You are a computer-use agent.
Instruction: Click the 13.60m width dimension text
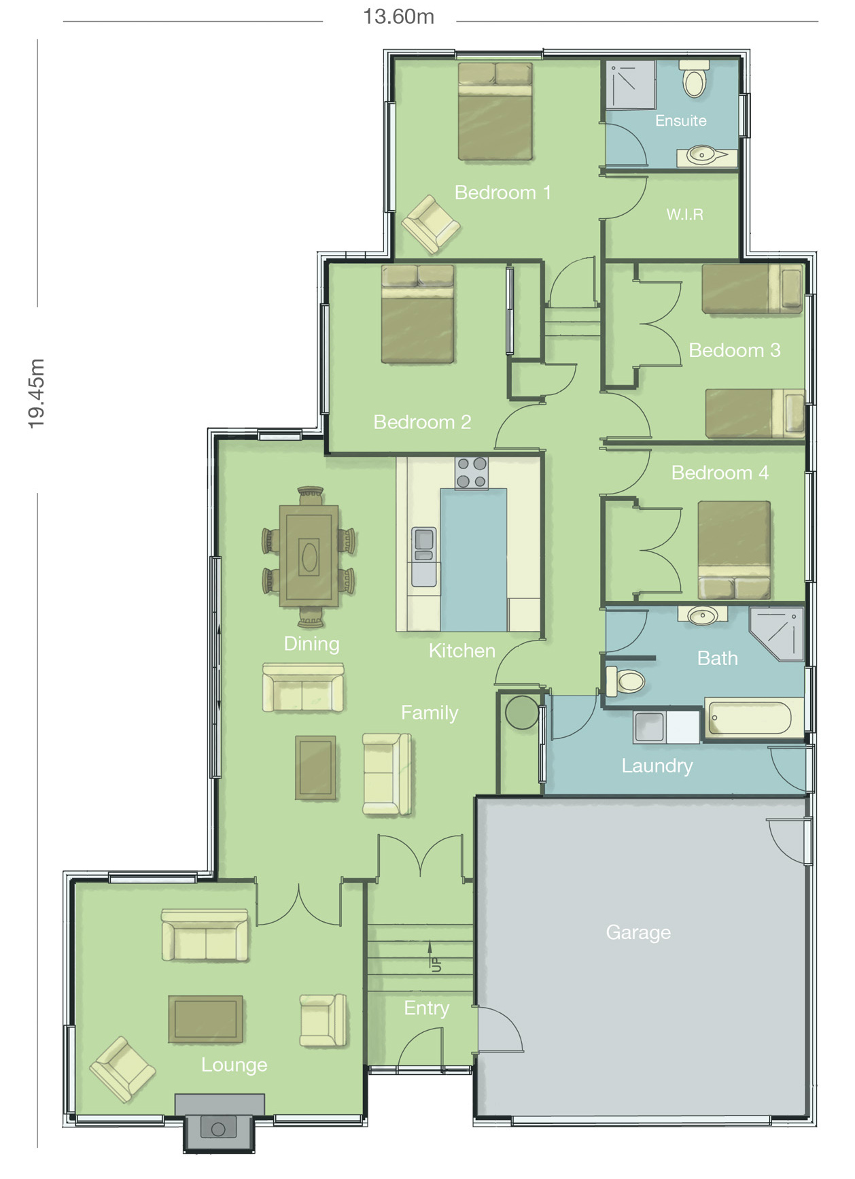pos(398,16)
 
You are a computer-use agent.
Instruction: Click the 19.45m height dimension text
pos(36,394)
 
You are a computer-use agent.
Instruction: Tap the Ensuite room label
pos(680,120)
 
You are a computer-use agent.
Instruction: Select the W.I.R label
pos(684,214)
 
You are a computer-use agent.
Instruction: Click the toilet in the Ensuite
pos(694,80)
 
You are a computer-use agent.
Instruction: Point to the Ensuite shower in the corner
pos(630,85)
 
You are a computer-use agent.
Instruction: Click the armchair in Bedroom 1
pos(430,224)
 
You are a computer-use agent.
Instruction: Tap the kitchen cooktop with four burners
pos(472,473)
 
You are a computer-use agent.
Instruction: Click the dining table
pos(309,556)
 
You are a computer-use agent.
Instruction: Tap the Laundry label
pos(657,766)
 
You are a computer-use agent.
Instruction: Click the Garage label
pos(638,932)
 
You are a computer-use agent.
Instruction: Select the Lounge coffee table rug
pos(206,1019)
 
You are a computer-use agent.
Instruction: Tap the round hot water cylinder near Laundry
pos(522,713)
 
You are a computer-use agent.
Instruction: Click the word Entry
pos(426,1008)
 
